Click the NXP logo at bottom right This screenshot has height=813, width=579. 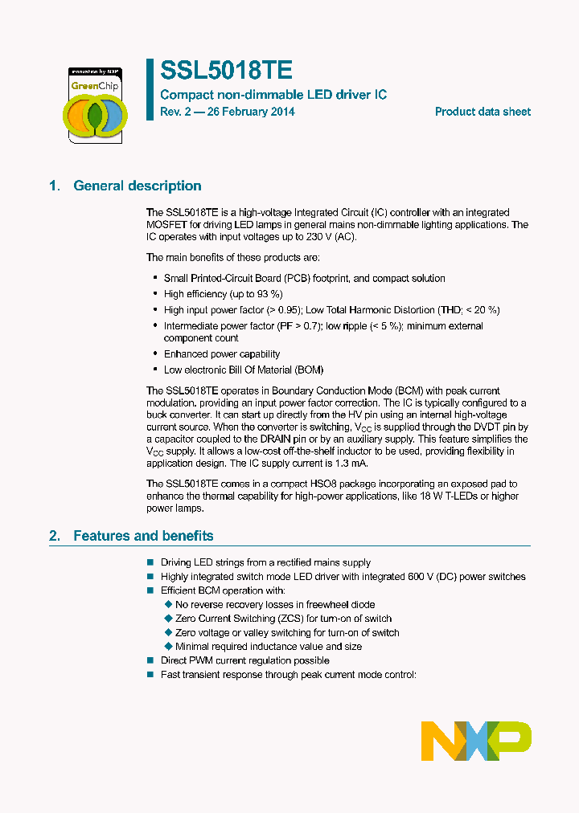point(476,740)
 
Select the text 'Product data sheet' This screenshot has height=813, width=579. point(482,112)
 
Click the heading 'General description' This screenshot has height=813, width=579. point(138,186)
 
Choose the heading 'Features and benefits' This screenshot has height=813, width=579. point(143,536)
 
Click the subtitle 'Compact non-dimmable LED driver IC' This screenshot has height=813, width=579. point(273,95)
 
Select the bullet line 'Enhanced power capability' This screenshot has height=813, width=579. point(222,353)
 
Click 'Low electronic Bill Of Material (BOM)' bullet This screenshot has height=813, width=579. point(243,370)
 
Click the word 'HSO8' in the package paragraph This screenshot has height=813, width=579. point(356,484)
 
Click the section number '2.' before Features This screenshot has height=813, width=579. point(55,536)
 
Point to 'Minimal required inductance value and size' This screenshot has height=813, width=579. point(269,646)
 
